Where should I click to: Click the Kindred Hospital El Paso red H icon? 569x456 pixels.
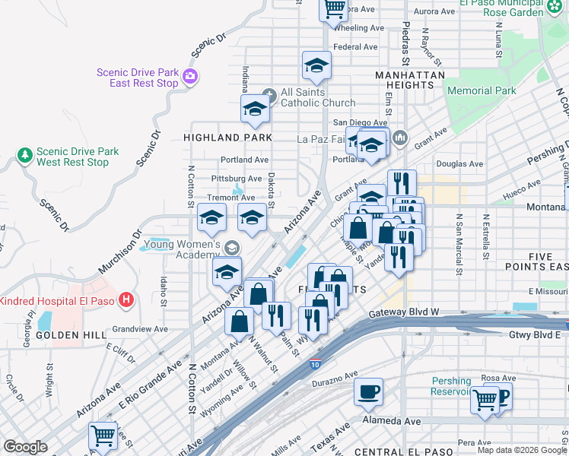[x=126, y=299]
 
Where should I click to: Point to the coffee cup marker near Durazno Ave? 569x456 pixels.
[x=369, y=392]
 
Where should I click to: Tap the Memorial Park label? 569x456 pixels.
[x=482, y=90]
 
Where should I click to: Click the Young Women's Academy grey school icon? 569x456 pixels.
[x=231, y=248]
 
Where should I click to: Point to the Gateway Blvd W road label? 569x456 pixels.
[x=405, y=312]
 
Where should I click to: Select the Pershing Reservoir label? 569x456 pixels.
[x=452, y=386]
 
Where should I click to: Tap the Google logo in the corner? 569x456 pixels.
[x=26, y=447]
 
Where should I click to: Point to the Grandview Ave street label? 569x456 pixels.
[x=139, y=329]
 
